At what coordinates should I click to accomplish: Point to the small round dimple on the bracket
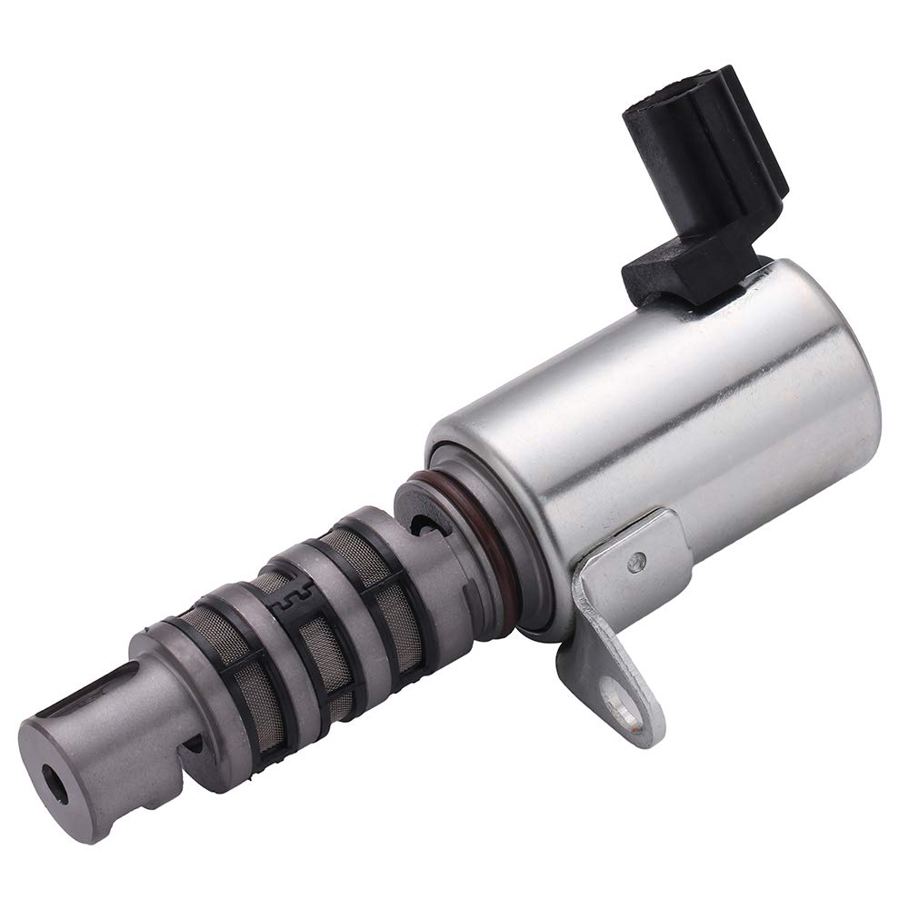pos(642,562)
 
